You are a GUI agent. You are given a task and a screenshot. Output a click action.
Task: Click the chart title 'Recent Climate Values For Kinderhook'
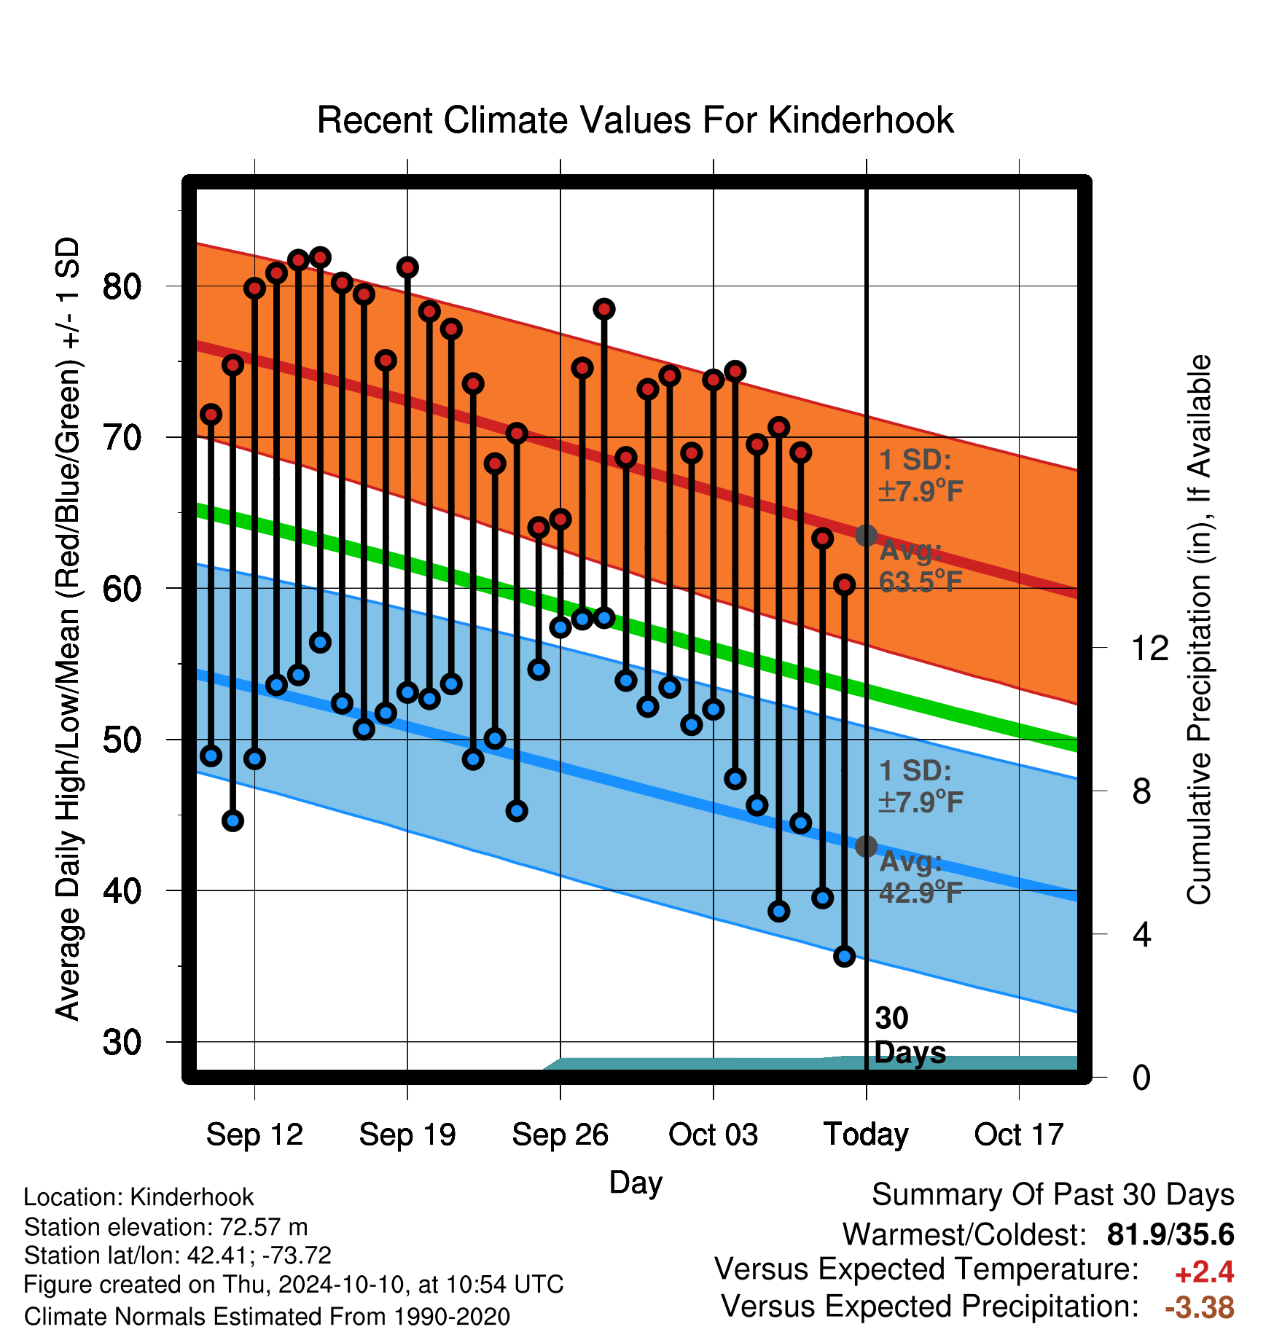[x=635, y=120]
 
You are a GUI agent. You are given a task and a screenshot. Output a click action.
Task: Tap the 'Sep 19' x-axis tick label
[x=407, y=1135]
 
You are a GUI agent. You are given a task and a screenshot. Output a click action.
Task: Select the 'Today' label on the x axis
[x=866, y=1135]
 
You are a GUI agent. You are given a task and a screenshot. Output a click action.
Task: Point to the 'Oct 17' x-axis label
[x=1019, y=1135]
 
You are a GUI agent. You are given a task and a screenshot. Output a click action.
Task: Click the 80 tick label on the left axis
[x=122, y=286]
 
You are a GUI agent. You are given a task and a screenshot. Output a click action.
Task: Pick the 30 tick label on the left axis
[x=122, y=1042]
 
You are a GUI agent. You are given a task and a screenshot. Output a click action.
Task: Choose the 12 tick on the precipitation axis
[x=1149, y=648]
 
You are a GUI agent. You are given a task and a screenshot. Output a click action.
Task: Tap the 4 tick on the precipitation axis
[x=1142, y=934]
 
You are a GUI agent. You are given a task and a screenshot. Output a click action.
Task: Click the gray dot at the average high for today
[x=866, y=536]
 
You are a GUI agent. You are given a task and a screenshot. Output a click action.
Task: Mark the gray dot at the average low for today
[x=866, y=846]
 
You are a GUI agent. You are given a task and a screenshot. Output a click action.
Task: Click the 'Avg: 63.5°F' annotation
[x=921, y=566]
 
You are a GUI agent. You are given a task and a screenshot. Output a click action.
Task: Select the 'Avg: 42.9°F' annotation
[x=921, y=877]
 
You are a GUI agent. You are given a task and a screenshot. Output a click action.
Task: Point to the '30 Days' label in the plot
[x=910, y=1035]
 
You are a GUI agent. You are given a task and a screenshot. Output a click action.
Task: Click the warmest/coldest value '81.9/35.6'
[x=1171, y=1234]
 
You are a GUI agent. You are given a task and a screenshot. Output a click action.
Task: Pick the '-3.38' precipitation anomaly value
[x=1200, y=1307]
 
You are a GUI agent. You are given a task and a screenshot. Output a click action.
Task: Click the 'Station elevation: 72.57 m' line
[x=166, y=1227]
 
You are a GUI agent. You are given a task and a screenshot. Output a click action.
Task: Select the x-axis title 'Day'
[x=636, y=1183]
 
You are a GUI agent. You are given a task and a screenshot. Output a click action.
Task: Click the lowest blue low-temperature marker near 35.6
[x=844, y=956]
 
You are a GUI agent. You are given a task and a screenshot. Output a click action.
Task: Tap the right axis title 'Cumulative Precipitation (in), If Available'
[x=1199, y=630]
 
